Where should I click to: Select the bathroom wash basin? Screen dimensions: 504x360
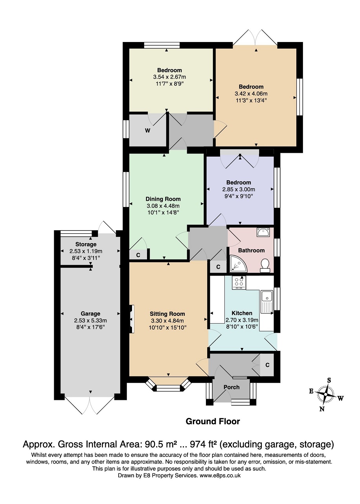click(x=262, y=232)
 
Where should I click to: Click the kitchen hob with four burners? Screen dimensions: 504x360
click(x=238, y=282)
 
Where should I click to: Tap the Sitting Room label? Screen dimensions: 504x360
click(x=167, y=314)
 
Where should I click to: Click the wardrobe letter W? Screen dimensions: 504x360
click(x=148, y=131)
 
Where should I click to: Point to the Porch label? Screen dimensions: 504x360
click(x=231, y=387)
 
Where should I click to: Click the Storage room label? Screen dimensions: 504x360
click(x=86, y=244)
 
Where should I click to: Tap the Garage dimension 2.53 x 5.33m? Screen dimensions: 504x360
click(x=90, y=320)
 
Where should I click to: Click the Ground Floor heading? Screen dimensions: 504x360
click(x=213, y=422)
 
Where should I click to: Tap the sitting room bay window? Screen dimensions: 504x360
click(x=168, y=386)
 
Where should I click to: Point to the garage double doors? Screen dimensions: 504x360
click(x=90, y=404)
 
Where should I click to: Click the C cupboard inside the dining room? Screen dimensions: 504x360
click(x=138, y=255)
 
